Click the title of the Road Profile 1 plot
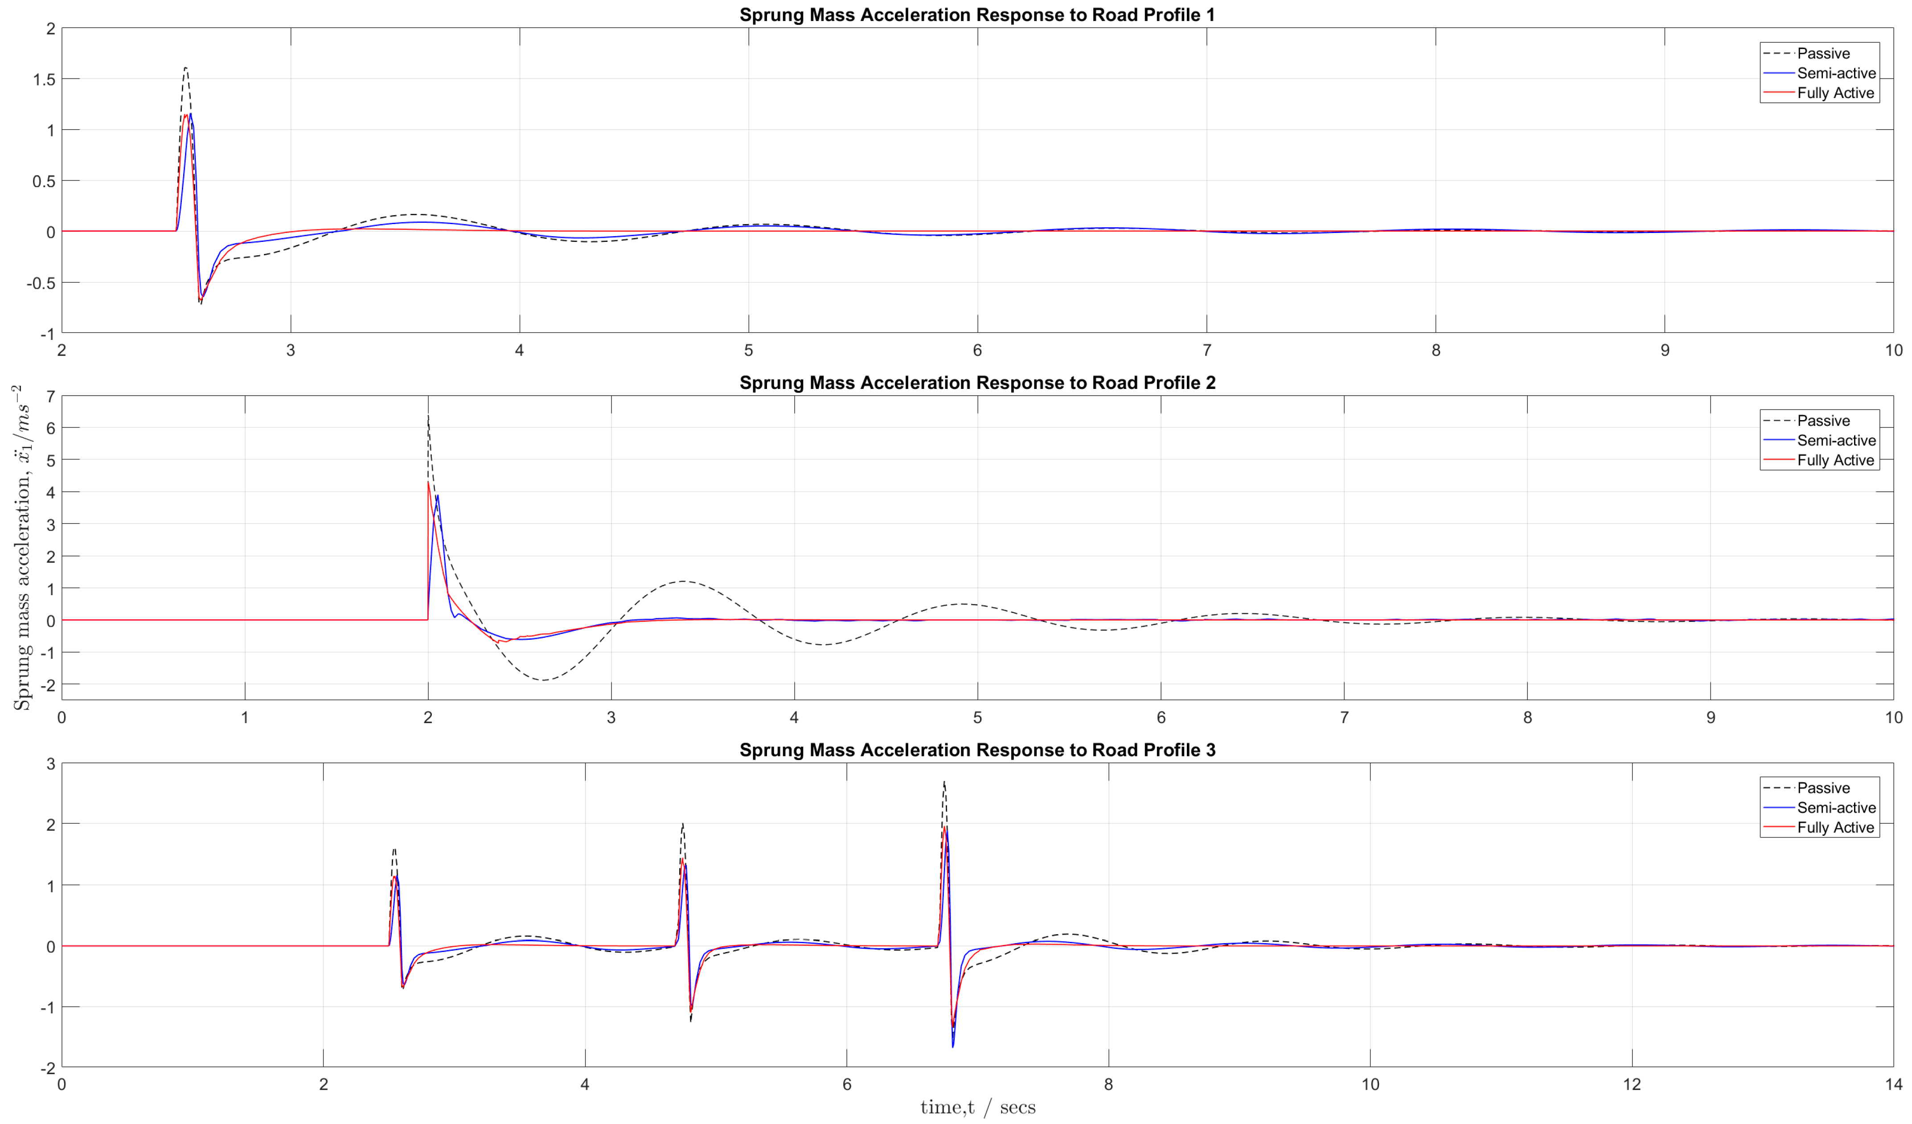click(x=977, y=15)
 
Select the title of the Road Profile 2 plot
click(x=977, y=383)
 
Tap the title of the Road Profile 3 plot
click(x=977, y=750)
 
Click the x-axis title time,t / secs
click(x=977, y=1108)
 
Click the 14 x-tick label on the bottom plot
click(x=1893, y=1084)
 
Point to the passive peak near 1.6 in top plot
click(x=185, y=68)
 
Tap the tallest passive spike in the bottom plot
click(x=944, y=782)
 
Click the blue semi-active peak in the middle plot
click(x=437, y=495)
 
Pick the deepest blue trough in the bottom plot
click(x=953, y=1046)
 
